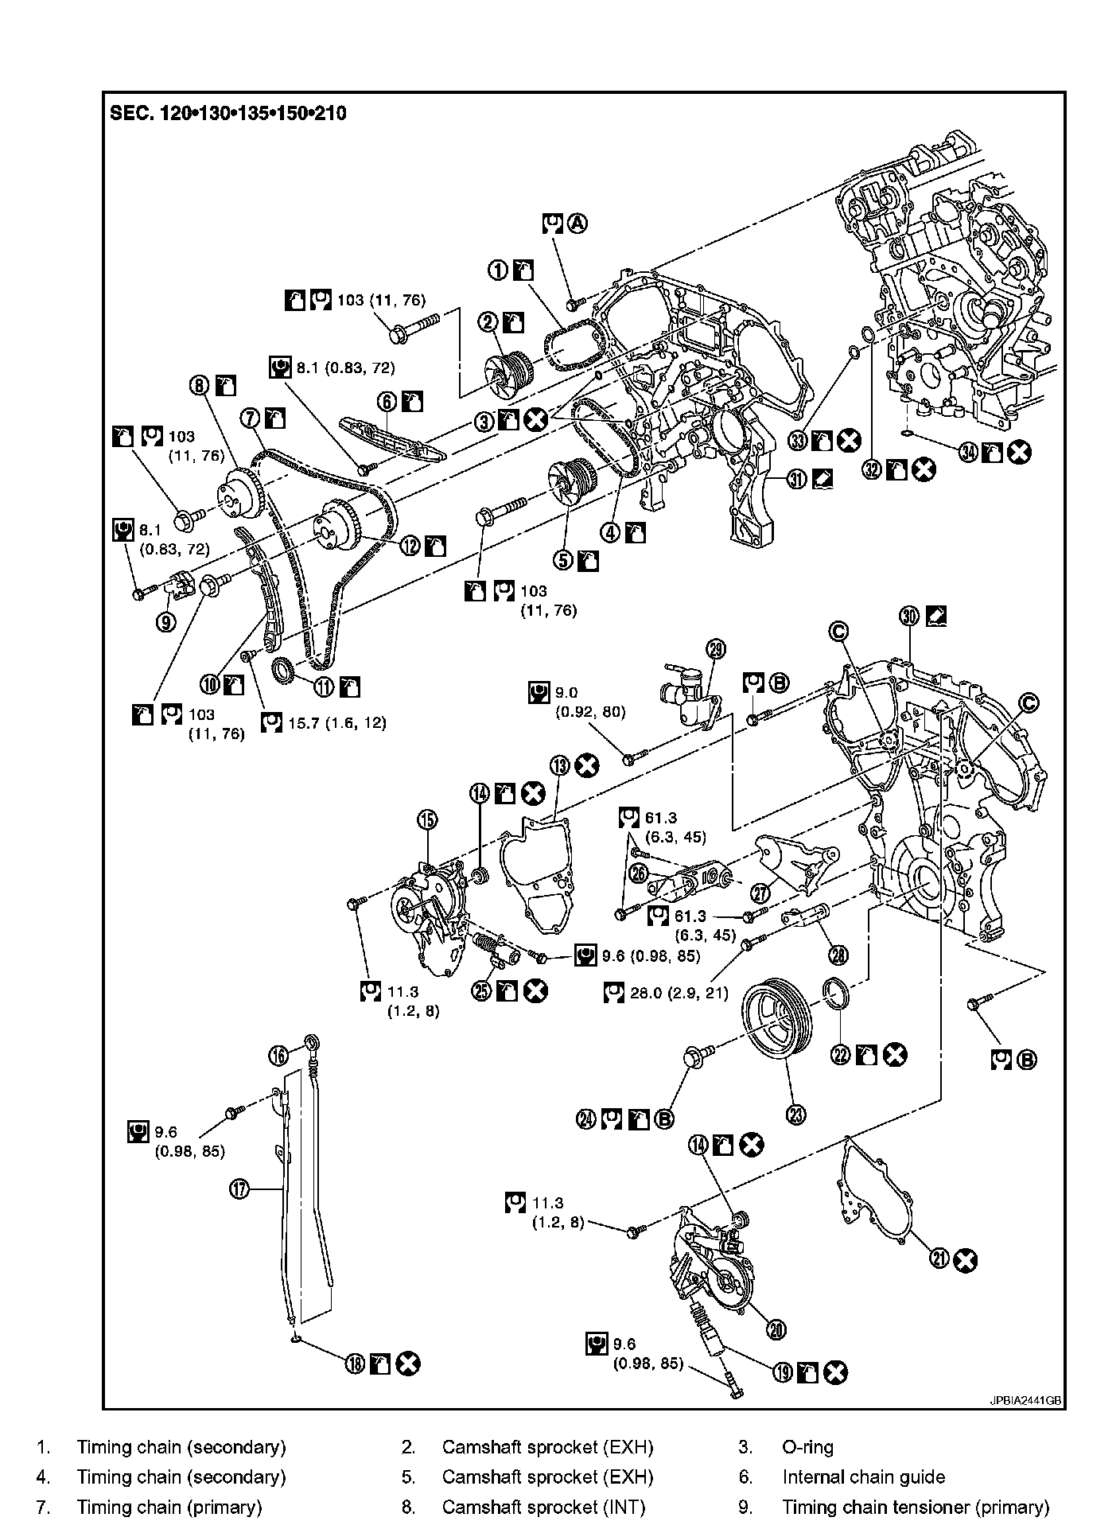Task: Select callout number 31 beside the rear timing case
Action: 796,478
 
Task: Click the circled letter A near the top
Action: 577,224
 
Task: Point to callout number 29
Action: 716,650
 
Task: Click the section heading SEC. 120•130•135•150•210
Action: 227,113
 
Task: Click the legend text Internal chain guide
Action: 863,1477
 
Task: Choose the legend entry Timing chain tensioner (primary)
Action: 916,1507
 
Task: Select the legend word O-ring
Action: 807,1447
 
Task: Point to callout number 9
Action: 165,622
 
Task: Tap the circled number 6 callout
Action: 387,402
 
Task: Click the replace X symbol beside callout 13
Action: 587,765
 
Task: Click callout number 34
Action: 968,453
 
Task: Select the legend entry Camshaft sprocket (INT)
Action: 543,1507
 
